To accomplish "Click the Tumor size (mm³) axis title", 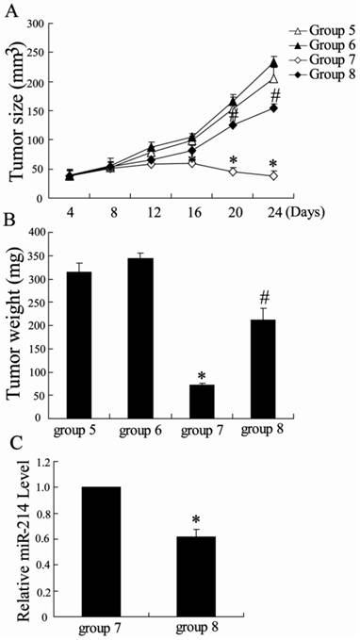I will click(17, 111).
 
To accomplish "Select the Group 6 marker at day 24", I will click(273, 63).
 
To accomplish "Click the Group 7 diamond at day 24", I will click(273, 176).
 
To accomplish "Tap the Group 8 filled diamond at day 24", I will click(273, 108).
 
